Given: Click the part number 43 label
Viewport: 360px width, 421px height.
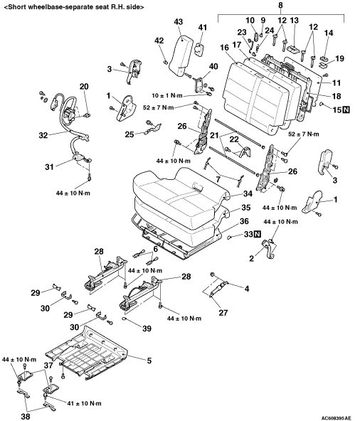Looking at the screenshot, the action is click(178, 22).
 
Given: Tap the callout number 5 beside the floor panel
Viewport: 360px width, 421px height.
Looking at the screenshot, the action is click(149, 361).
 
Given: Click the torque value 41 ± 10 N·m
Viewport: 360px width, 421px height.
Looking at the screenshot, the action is click(84, 403).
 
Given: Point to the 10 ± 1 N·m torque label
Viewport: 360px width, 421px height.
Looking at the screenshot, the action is click(166, 95).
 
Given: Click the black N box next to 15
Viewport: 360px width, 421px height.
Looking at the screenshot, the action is click(346, 110).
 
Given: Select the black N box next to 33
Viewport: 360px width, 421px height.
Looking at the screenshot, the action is click(258, 234).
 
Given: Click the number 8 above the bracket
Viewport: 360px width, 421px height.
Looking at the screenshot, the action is click(281, 6).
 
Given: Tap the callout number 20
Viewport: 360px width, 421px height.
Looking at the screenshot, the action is click(84, 87).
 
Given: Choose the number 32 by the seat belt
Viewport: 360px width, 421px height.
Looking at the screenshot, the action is click(43, 135).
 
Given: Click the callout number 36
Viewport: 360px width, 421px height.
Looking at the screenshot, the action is click(244, 221).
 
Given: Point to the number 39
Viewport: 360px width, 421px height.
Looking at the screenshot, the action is click(147, 329).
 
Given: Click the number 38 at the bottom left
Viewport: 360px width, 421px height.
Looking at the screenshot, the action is click(26, 417).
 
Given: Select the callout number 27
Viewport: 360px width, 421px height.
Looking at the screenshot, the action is click(223, 312).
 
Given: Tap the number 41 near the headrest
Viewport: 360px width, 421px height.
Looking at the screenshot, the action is click(203, 28).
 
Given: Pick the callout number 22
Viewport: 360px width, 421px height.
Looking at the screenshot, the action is click(234, 139).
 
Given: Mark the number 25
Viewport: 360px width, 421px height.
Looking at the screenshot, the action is click(129, 134).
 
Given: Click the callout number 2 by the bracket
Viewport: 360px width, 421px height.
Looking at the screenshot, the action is click(251, 259).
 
